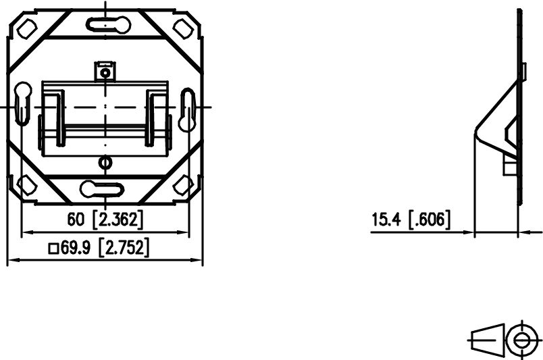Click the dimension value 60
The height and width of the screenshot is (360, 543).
[76, 218]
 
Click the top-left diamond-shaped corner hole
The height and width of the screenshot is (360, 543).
[26, 28]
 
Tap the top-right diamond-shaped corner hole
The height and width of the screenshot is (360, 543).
[183, 28]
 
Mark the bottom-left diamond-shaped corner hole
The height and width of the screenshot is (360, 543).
[27, 184]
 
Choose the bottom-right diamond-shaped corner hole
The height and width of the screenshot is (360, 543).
[183, 184]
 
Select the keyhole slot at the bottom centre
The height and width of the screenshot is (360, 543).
[102, 188]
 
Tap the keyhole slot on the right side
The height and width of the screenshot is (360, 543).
[187, 108]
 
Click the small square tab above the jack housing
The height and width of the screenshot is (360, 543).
[104, 71]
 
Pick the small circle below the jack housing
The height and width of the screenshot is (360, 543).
[104, 162]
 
